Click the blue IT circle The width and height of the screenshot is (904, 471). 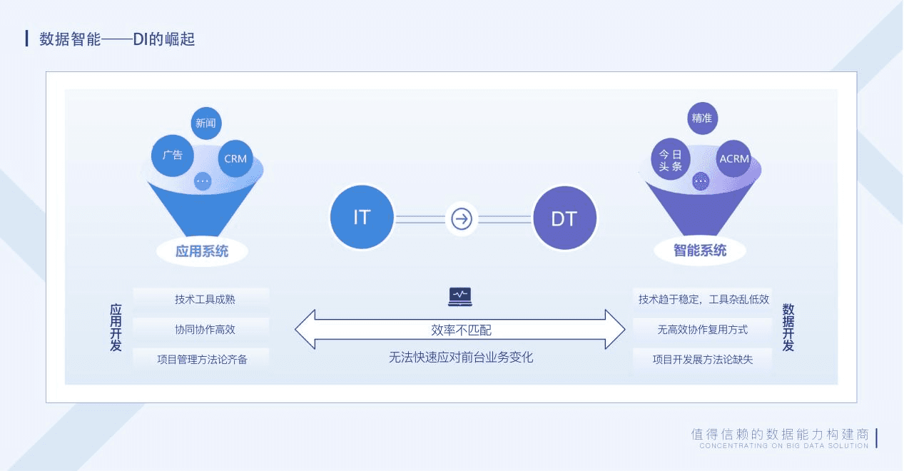click(x=362, y=218)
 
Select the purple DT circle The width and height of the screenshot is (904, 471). click(x=564, y=218)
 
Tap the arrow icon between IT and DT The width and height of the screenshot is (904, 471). click(x=462, y=218)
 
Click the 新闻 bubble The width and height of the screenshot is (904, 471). click(x=205, y=123)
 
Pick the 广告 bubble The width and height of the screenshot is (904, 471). click(x=173, y=155)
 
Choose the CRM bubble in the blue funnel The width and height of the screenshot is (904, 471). click(x=235, y=158)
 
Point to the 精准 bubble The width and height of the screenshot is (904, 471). click(x=702, y=118)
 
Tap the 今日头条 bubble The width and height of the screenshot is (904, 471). click(x=671, y=160)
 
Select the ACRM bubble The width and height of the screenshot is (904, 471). click(x=734, y=158)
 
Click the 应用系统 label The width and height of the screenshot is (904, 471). click(x=202, y=251)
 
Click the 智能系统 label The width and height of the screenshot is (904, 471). click(x=700, y=250)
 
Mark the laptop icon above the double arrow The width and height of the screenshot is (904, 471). click(x=460, y=296)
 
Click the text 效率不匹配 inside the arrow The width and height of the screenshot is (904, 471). click(x=461, y=330)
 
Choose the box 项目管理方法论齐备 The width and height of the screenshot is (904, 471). click(x=202, y=359)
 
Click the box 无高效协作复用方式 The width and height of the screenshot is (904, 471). click(x=703, y=329)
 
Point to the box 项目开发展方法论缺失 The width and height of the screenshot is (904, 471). click(x=703, y=359)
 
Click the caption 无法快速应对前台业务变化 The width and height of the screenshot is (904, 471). click(x=461, y=358)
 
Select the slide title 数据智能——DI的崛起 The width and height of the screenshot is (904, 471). click(x=118, y=39)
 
